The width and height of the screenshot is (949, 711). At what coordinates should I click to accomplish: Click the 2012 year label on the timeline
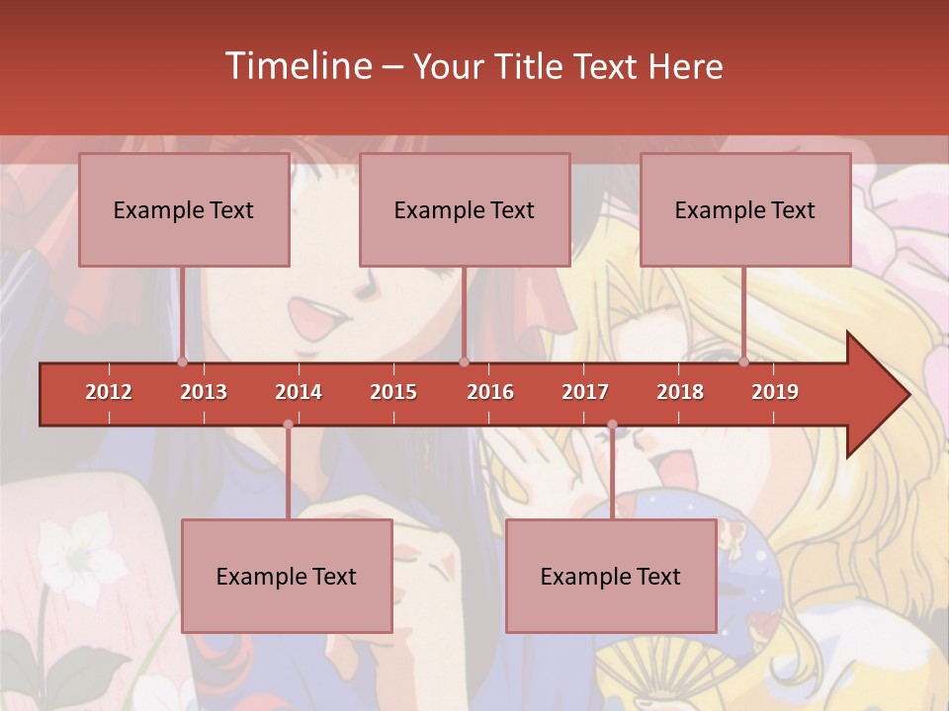(x=109, y=392)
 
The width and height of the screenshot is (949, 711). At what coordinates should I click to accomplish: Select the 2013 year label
(x=204, y=392)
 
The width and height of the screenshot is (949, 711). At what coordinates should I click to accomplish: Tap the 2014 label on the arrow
(x=299, y=392)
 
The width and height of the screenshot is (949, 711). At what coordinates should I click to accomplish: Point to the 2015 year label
(x=393, y=392)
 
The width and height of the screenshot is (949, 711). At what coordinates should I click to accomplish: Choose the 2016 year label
(x=490, y=392)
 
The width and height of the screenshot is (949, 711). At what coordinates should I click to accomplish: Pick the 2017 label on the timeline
(x=585, y=392)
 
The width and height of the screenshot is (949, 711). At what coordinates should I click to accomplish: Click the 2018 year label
(x=680, y=392)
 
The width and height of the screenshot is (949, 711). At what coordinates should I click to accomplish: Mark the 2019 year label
(x=775, y=392)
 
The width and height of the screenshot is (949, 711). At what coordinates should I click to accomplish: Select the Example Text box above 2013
(x=184, y=209)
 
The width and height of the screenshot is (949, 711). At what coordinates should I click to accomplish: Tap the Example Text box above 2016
(x=465, y=209)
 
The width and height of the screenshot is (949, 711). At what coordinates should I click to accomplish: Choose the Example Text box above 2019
(x=745, y=209)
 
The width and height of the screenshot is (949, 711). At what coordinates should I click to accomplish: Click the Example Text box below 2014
(x=287, y=576)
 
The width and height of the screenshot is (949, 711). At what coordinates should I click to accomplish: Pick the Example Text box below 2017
(x=611, y=576)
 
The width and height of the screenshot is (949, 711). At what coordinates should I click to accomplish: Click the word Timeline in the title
(x=297, y=66)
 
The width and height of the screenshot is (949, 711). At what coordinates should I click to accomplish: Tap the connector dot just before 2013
(x=183, y=361)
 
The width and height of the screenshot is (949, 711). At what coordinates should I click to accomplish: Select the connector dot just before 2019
(x=744, y=361)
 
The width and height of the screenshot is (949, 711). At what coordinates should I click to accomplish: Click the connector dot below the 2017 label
(x=612, y=425)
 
